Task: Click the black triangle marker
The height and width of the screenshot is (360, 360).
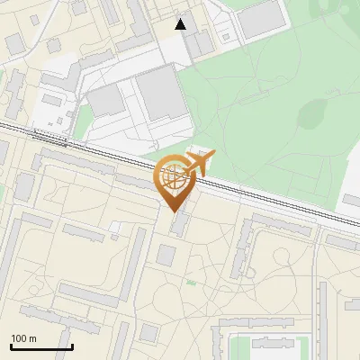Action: point(181,24)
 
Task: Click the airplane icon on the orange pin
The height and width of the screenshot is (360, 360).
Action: point(200,163)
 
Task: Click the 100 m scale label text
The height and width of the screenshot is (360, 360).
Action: point(23,338)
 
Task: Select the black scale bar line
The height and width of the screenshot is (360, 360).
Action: point(41,346)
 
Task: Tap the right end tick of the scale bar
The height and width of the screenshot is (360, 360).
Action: point(72,345)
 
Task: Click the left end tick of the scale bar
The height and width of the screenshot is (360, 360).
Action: point(11,345)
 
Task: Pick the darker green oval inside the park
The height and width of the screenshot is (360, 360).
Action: point(315,112)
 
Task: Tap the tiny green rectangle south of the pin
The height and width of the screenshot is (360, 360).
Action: point(191,283)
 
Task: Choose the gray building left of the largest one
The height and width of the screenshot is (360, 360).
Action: point(106,101)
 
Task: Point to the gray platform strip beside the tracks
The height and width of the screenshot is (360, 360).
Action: point(49,136)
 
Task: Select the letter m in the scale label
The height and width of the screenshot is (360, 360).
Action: point(32,338)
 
